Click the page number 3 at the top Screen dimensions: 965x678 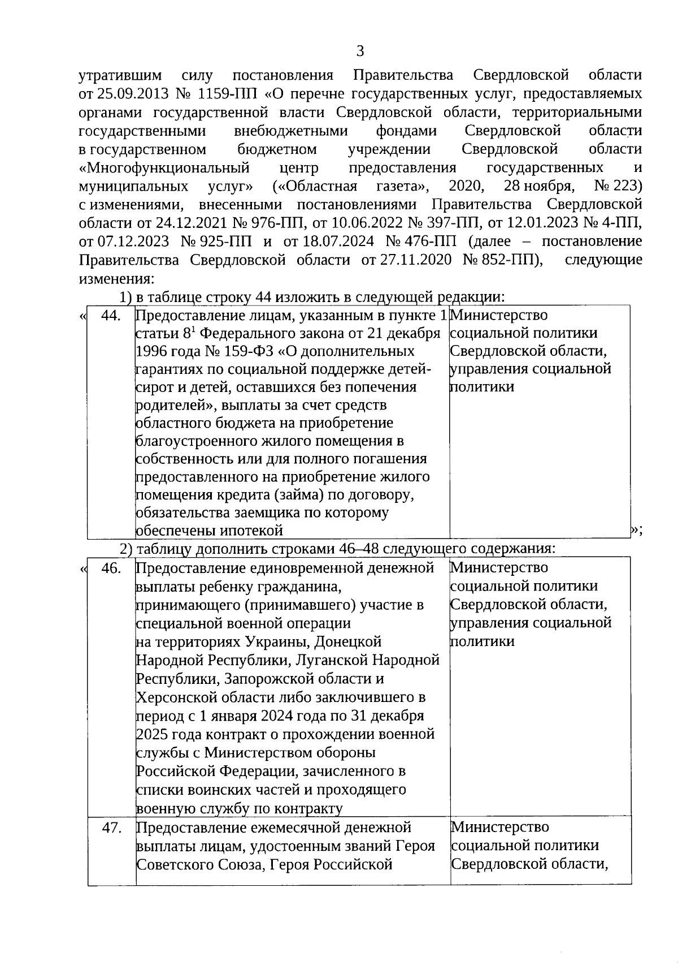click(360, 52)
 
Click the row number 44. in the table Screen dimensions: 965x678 click(111, 316)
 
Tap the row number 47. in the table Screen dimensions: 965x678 click(112, 828)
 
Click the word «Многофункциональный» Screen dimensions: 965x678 click(164, 168)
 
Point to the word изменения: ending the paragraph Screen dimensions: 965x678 click(116, 279)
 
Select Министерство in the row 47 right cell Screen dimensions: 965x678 click(500, 828)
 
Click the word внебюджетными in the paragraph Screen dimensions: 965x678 click(290, 131)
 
